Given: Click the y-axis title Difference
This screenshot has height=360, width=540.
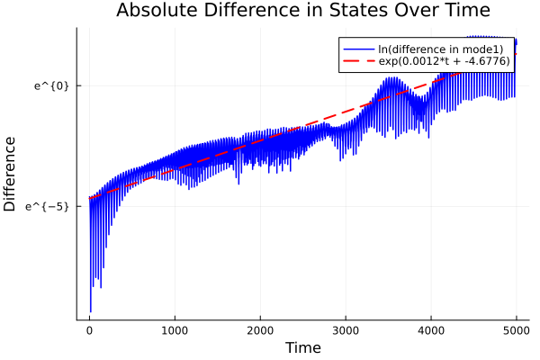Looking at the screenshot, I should pyautogui.click(x=11, y=174).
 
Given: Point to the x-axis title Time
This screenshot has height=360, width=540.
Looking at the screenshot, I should pyautogui.click(x=302, y=347).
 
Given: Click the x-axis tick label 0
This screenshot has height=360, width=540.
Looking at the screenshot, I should pyautogui.click(x=89, y=329).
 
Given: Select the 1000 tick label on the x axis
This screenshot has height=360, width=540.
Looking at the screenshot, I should pyautogui.click(x=175, y=329).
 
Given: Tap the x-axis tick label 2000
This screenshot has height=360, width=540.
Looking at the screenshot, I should pyautogui.click(x=260, y=329).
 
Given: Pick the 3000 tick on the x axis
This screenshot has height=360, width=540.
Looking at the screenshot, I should pyautogui.click(x=346, y=329).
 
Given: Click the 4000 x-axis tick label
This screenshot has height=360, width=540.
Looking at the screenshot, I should pyautogui.click(x=431, y=329).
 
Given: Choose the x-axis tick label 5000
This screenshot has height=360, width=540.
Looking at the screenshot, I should pyautogui.click(x=516, y=329).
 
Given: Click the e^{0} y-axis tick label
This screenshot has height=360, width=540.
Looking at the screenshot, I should pyautogui.click(x=51, y=85).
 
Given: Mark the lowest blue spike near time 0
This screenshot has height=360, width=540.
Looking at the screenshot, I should pyautogui.click(x=91, y=311).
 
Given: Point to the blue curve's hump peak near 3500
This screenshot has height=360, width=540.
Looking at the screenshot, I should pyautogui.click(x=391, y=78).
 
